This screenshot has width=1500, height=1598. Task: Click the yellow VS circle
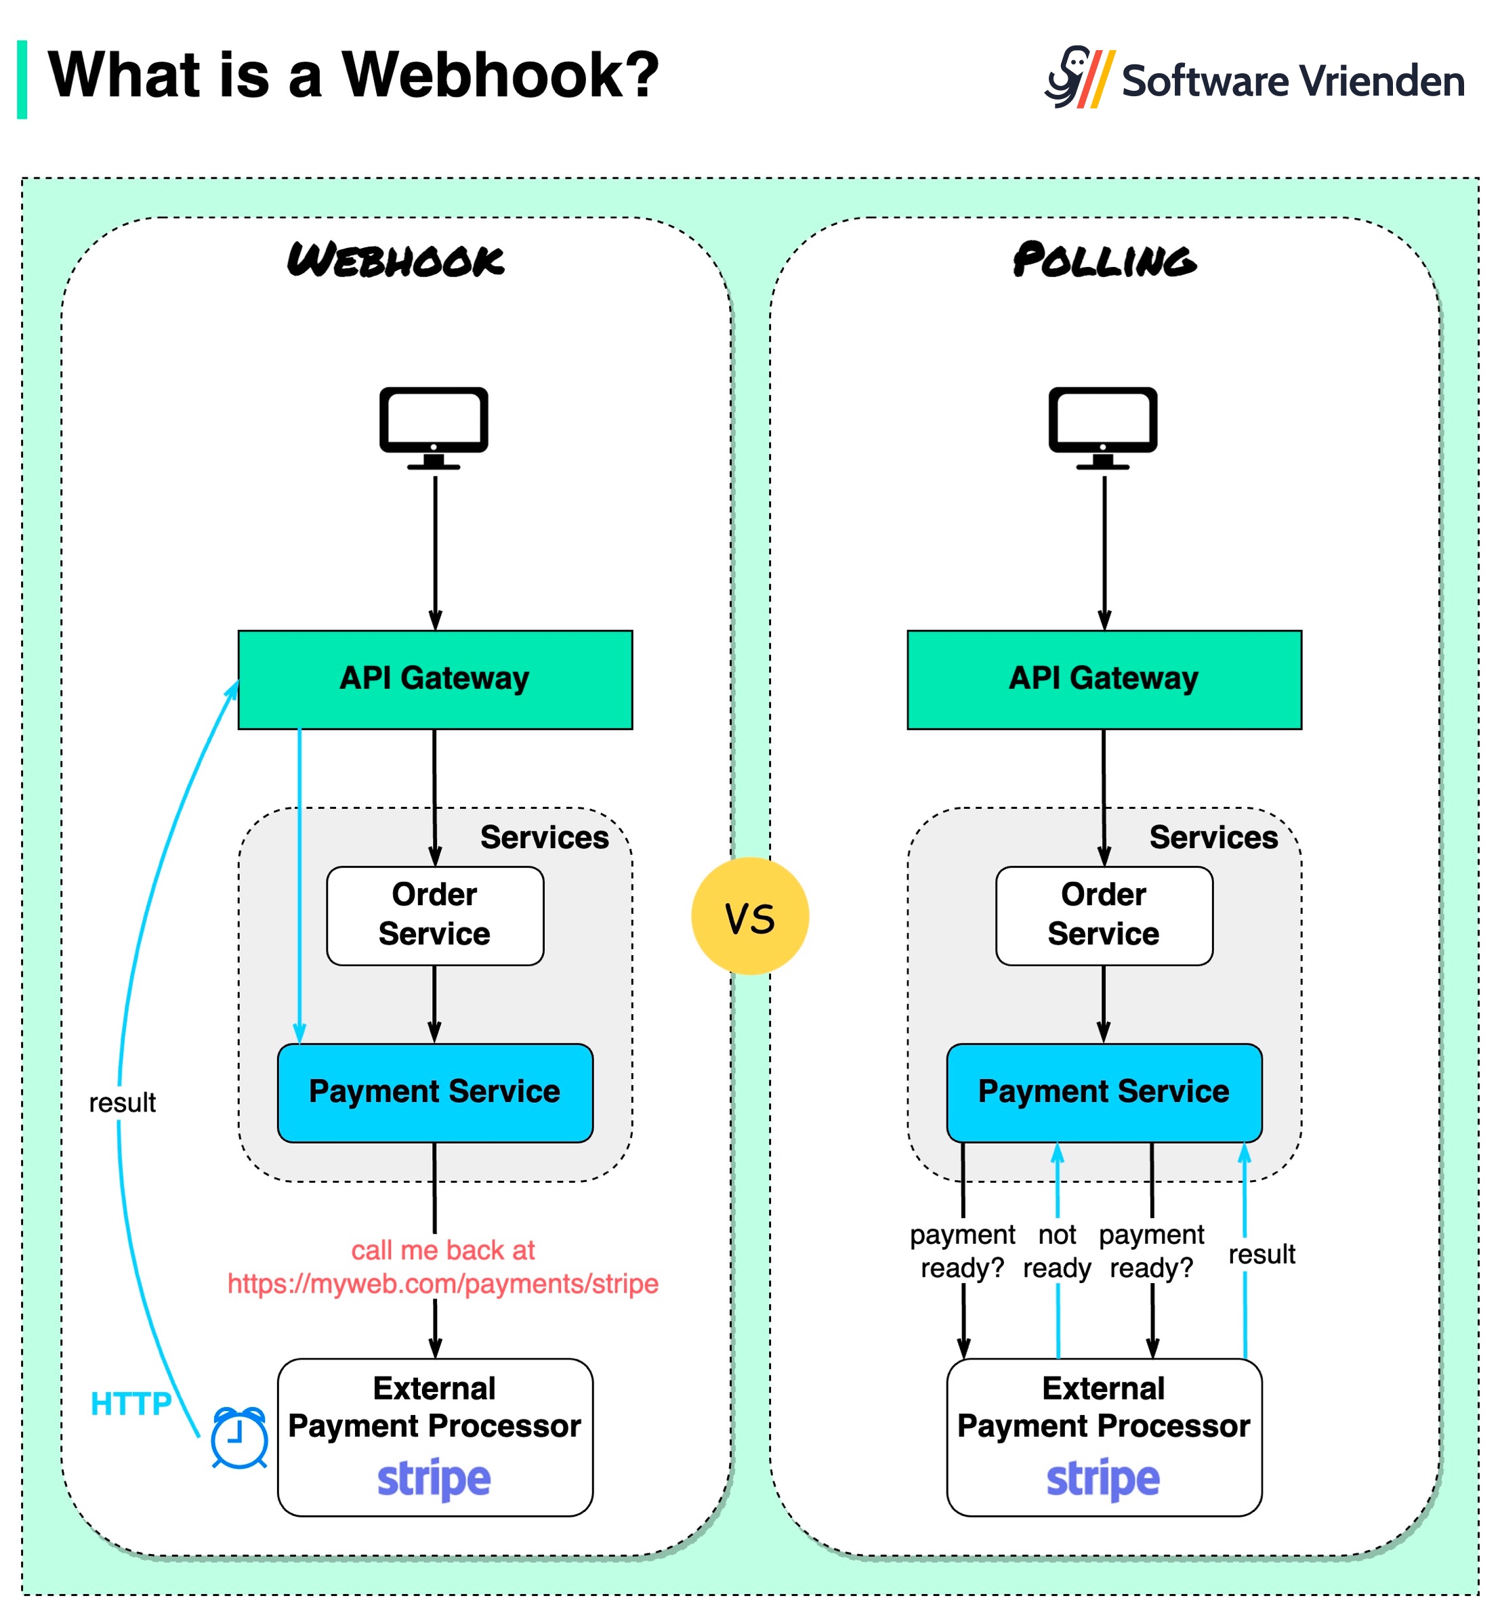[x=749, y=916]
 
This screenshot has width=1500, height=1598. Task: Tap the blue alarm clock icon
[x=238, y=1438]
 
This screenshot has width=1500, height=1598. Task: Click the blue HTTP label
[x=130, y=1404]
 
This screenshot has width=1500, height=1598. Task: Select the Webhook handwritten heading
[x=396, y=260]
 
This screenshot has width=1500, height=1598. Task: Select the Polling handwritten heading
[x=1104, y=260]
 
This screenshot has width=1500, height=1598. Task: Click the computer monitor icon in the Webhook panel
[x=434, y=427]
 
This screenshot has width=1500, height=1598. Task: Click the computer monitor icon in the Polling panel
[x=1102, y=427]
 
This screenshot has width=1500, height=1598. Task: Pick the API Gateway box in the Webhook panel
[x=435, y=679]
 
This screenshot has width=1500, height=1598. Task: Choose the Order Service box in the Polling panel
[x=1103, y=914]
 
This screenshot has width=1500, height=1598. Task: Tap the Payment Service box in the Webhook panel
[x=435, y=1091]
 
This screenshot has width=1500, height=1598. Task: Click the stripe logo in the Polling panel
[x=1102, y=1477]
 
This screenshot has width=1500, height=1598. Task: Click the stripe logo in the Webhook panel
[x=434, y=1477]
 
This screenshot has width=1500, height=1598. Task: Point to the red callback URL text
[x=443, y=1283]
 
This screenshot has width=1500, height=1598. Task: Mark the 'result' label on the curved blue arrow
[x=122, y=1102]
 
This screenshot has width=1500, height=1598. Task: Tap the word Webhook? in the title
[x=499, y=75]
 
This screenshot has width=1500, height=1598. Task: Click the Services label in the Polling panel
[x=1212, y=837]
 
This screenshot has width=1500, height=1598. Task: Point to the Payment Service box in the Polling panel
[x=1103, y=1091]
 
